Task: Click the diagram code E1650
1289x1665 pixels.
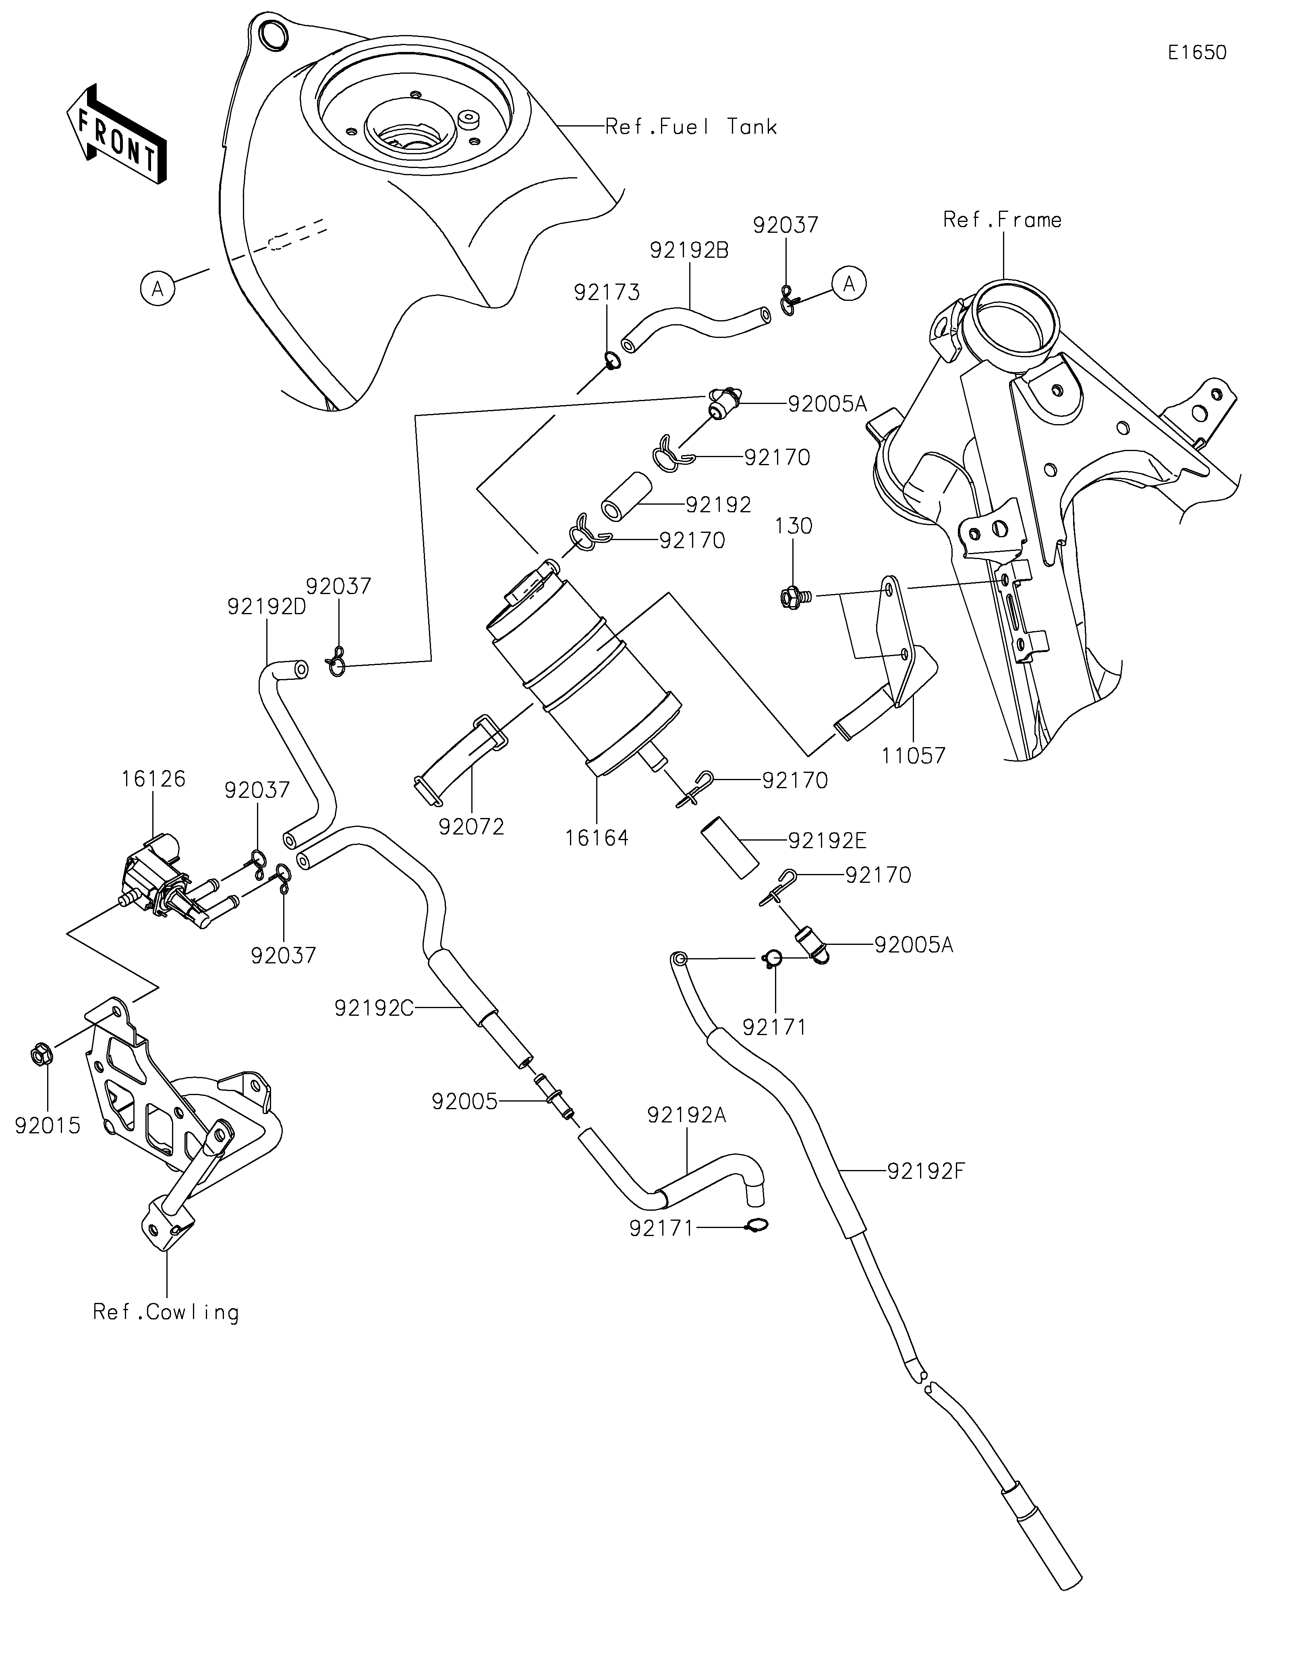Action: [1197, 53]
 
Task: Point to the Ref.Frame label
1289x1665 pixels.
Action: [1002, 220]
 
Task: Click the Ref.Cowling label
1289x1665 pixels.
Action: [166, 1312]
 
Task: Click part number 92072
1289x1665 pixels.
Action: [471, 826]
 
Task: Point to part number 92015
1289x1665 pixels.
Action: [47, 1125]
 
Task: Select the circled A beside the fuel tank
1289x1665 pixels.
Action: [158, 289]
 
